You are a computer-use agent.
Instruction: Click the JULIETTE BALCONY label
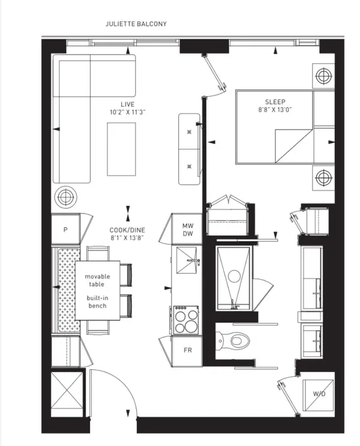point(136,24)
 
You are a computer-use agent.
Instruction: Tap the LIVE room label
point(126,103)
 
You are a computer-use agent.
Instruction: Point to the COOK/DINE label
point(127,229)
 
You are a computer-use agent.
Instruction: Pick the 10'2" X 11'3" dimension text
point(126,112)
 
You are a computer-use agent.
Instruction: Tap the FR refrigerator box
point(187,350)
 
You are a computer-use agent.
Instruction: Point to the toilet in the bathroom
point(235,341)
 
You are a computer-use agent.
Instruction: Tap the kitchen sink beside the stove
point(187,264)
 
